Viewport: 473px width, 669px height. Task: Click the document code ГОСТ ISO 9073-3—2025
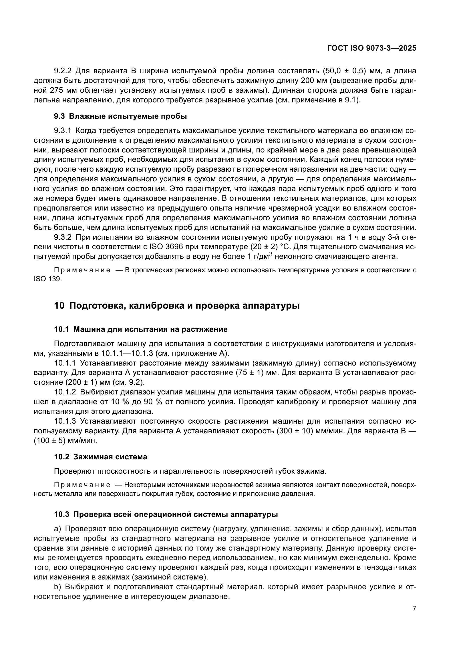(372, 48)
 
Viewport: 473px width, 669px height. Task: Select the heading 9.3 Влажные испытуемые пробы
(120, 116)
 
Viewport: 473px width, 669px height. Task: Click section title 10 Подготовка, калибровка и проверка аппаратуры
(177, 306)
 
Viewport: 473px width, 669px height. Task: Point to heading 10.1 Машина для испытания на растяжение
(141, 329)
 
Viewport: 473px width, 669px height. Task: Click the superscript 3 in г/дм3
(271, 254)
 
